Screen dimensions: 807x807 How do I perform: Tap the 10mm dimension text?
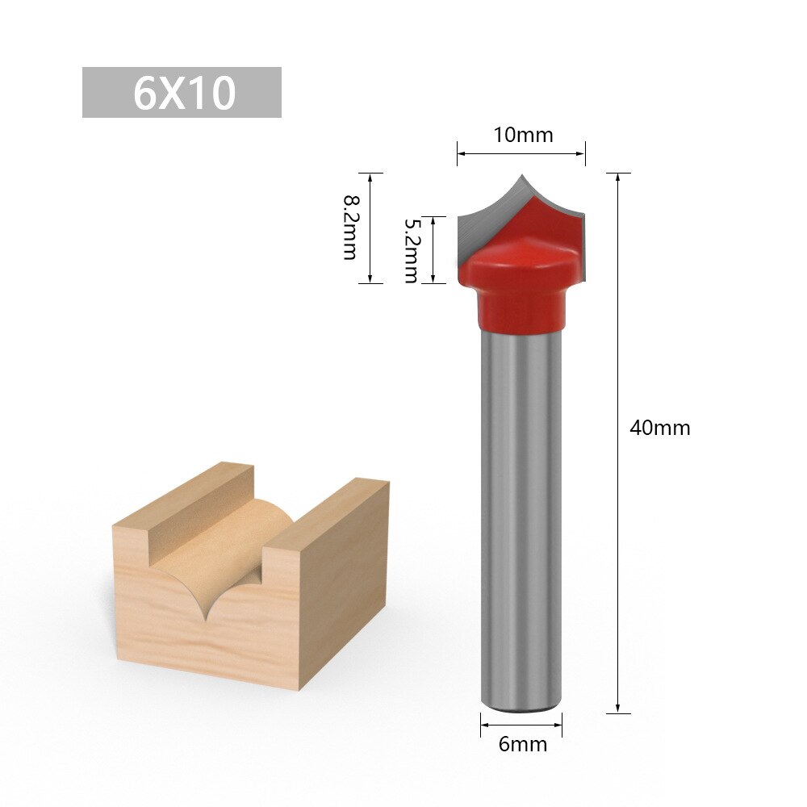tap(524, 135)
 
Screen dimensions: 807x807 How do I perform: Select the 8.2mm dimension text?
tap(349, 228)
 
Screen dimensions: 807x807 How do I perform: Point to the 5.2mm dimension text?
tap(411, 249)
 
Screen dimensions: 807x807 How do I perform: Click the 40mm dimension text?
tap(660, 428)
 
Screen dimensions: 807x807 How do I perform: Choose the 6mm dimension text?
tap(522, 744)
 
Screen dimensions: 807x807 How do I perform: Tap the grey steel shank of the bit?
tap(521, 516)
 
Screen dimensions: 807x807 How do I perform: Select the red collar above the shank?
tap(521, 311)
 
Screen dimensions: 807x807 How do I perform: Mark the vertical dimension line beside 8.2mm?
tap(370, 228)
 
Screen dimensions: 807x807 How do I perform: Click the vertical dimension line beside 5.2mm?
tap(434, 249)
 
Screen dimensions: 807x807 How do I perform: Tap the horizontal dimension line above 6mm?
tap(521, 725)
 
